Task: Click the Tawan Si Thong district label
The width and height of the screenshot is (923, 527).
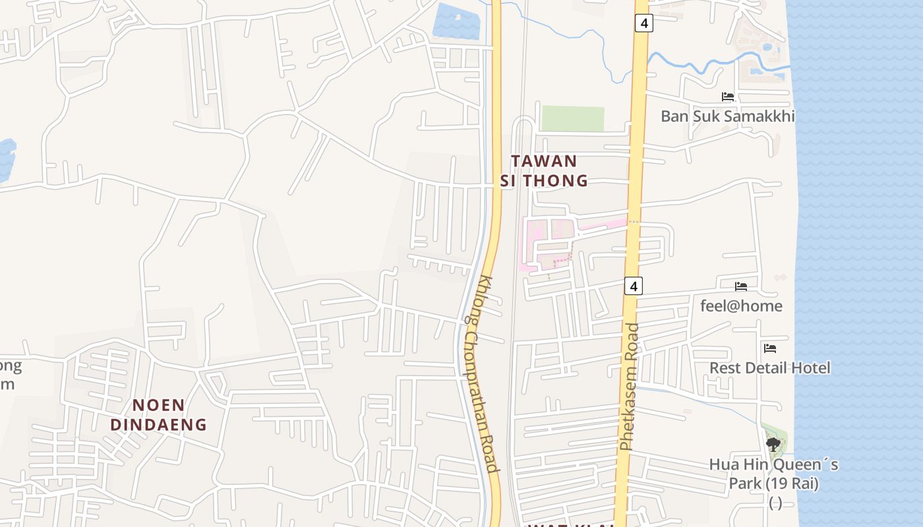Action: coord(544,171)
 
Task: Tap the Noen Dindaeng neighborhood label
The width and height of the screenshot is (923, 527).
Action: coord(158,414)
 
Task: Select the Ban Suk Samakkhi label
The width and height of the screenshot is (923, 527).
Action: coord(728,117)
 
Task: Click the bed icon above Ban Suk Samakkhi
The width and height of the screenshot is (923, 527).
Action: coord(728,97)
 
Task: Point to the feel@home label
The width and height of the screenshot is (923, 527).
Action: coord(741,306)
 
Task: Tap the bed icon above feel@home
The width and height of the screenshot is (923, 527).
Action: coord(741,287)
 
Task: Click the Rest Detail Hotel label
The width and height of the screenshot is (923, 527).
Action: coord(769,368)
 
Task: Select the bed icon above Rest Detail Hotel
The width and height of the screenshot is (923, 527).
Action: coord(769,348)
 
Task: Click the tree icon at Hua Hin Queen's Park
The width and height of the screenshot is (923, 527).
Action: coord(773,445)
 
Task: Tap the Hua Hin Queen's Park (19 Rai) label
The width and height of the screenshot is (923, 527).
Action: coord(774,474)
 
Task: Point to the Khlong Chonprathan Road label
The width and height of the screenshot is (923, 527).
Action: coord(480,374)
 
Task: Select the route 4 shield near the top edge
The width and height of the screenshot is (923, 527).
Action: coord(644,23)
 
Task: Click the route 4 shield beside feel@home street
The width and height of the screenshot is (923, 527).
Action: coord(633,286)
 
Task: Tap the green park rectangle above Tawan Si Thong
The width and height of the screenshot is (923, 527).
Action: coord(572,119)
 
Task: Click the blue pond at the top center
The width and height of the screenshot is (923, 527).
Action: coord(457,21)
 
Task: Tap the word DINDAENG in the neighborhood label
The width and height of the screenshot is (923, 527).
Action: coord(158,424)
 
